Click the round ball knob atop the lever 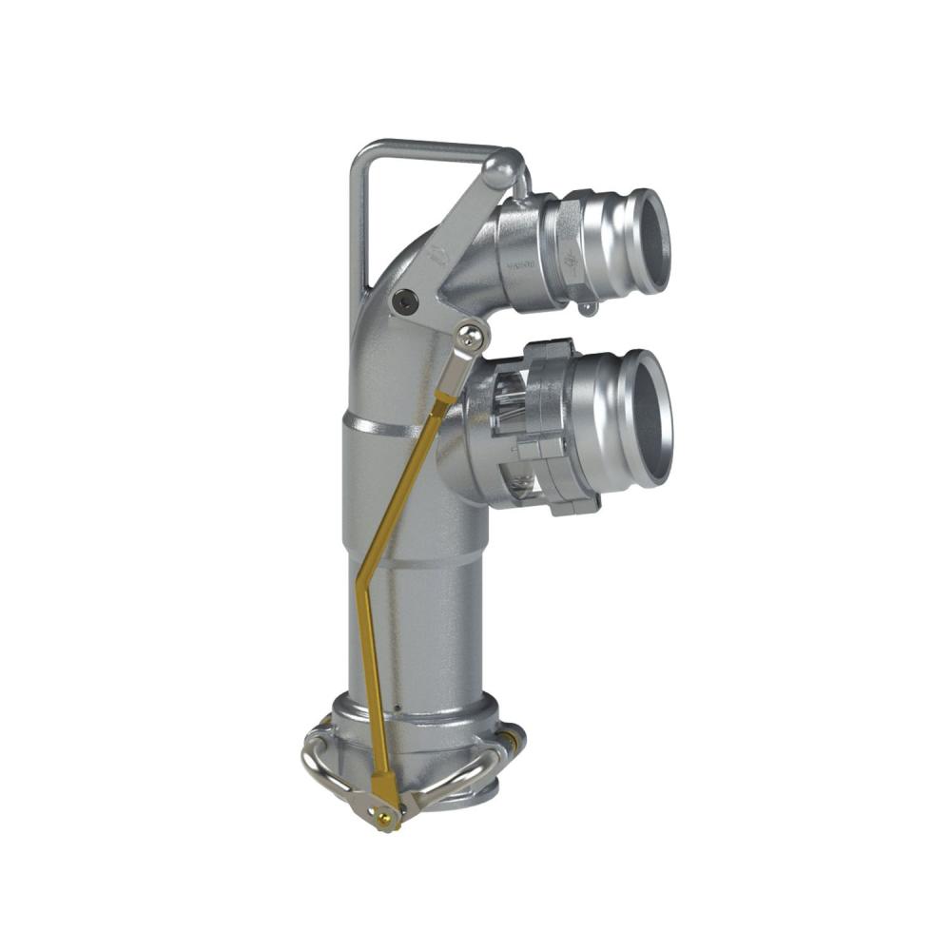click(x=501, y=171)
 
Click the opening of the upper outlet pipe click(x=650, y=241)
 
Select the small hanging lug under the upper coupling click(x=588, y=307)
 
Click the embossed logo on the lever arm click(x=437, y=255)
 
